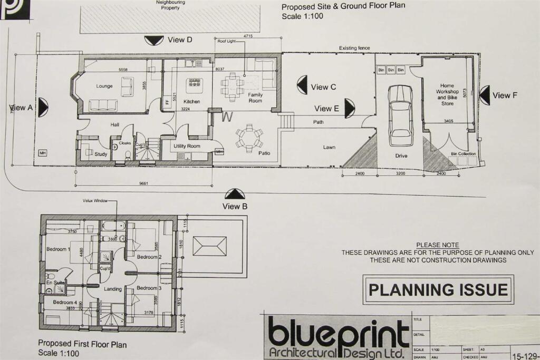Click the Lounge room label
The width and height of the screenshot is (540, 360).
pyautogui.click(x=104, y=86)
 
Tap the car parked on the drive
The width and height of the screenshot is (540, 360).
pyautogui.click(x=400, y=115)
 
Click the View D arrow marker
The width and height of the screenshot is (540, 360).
pyautogui.click(x=155, y=40)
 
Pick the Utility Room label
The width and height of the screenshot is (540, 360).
pyautogui.click(x=187, y=145)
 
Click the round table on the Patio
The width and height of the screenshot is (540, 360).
pyautogui.click(x=248, y=137)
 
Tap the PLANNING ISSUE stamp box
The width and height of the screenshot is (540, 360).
pyautogui.click(x=438, y=289)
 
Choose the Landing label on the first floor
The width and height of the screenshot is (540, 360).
pyautogui.click(x=113, y=289)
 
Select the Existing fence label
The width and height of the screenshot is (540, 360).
pyautogui.click(x=354, y=48)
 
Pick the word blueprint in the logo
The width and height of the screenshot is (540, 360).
pyautogui.click(x=338, y=333)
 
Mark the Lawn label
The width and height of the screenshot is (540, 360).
pyautogui.click(x=330, y=148)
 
